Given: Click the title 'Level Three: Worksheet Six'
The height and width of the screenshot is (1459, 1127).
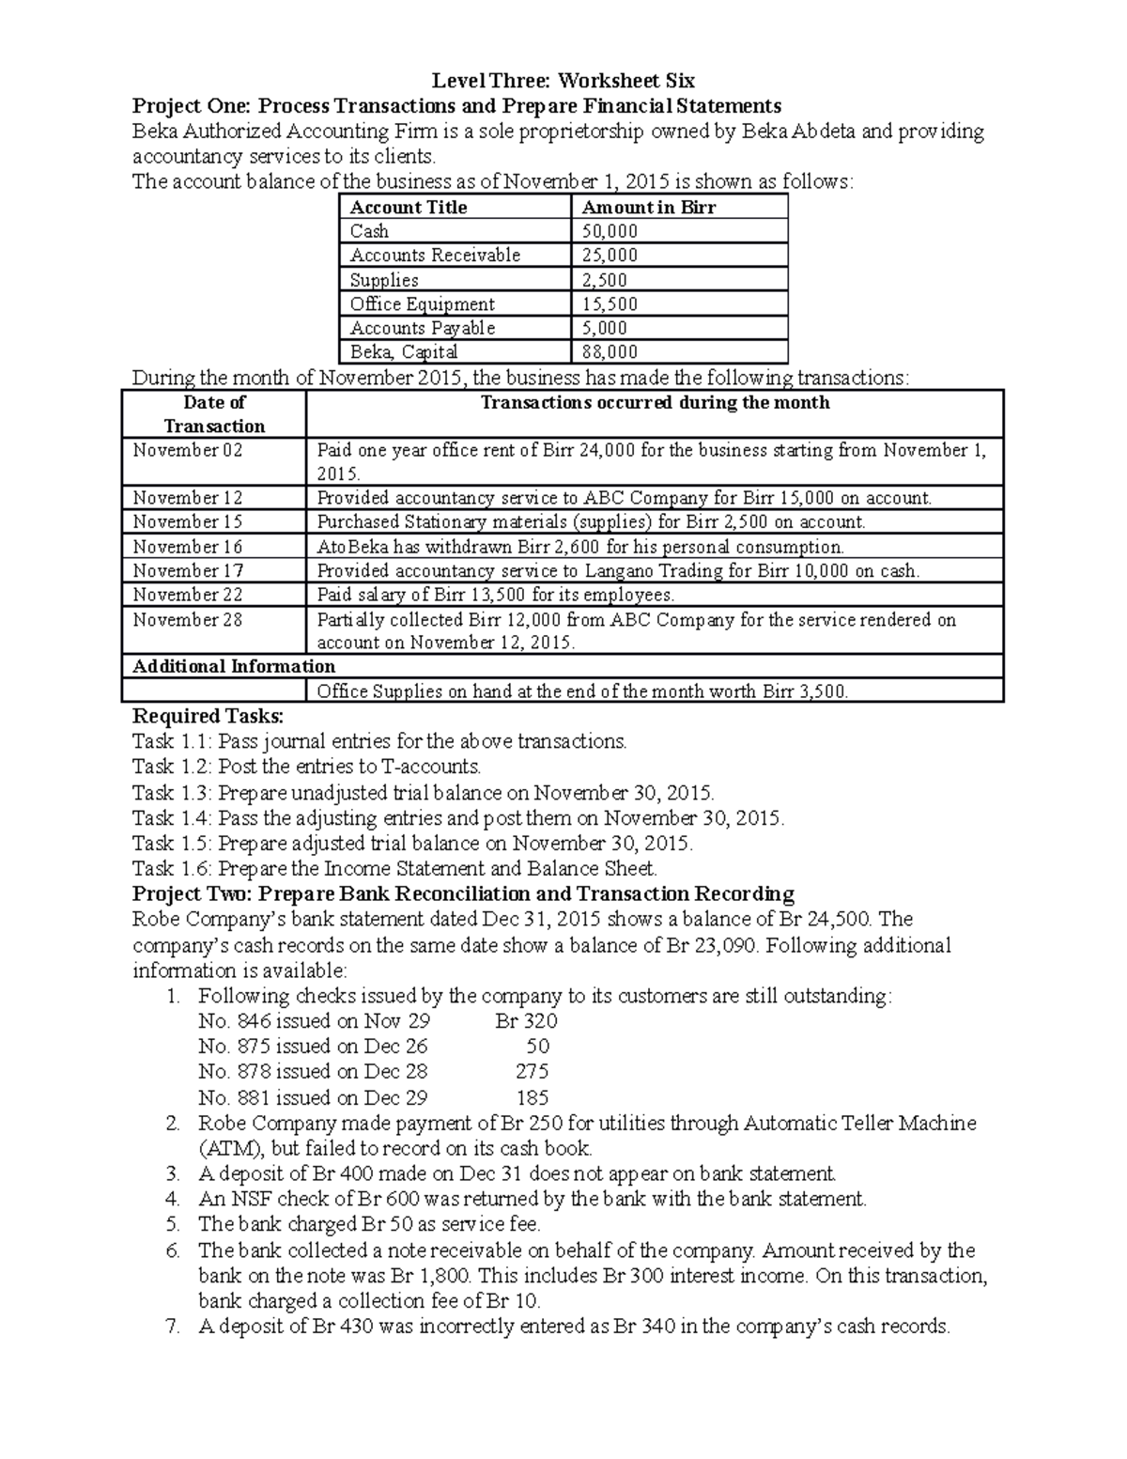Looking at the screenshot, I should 563,80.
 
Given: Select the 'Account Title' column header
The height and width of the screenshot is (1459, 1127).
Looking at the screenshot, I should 408,208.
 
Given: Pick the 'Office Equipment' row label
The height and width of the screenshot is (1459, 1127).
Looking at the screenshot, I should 422,304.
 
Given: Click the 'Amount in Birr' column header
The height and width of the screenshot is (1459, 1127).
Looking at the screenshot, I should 649,208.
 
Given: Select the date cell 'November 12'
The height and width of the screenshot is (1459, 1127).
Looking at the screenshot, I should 188,498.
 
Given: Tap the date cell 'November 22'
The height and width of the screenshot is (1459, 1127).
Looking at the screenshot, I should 188,595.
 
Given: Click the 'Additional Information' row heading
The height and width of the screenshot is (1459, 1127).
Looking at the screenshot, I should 234,666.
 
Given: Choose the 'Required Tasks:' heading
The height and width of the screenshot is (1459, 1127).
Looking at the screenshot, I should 201,716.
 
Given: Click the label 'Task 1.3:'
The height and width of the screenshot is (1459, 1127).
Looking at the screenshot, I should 172,792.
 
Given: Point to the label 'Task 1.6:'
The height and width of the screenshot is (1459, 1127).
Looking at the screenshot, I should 172,868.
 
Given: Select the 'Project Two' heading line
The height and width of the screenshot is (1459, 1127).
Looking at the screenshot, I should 463,893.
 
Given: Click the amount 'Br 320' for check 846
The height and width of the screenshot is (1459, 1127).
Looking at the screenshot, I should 526,1021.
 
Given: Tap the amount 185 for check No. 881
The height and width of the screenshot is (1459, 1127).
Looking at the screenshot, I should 533,1097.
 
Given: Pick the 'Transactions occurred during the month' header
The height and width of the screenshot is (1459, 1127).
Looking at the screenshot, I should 655,403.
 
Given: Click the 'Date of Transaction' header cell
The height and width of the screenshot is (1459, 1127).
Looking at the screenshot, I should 215,414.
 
